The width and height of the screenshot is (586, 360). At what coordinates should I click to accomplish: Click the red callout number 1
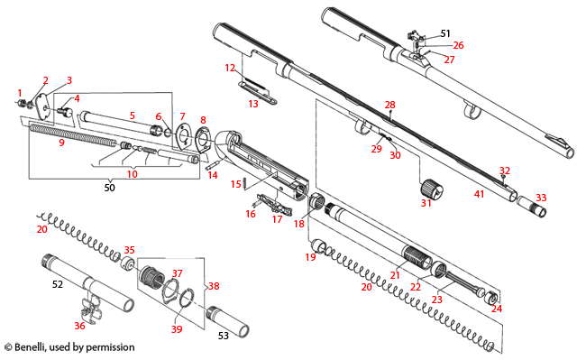pos(19,93)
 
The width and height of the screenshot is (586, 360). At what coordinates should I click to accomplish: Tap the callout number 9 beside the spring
pos(62,143)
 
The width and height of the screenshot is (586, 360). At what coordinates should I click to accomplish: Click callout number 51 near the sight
pos(445,33)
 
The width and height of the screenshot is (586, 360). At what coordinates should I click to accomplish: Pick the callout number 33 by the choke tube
pos(540,197)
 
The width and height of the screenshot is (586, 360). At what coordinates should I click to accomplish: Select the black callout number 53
pos(223,335)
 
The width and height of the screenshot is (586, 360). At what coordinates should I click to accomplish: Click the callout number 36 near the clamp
pos(80,326)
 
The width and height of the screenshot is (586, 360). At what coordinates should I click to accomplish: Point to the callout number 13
pos(253,104)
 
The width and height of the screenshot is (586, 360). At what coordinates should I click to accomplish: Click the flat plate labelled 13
pos(256,88)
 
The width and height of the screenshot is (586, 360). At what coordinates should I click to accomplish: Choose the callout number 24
pos(496,308)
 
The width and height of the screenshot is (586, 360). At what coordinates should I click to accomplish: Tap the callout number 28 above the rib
pos(389,106)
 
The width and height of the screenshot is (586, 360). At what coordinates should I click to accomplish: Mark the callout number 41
pos(480,193)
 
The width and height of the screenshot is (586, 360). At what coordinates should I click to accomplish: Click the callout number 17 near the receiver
pos(278,219)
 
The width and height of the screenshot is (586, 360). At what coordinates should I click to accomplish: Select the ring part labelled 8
pos(203,139)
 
